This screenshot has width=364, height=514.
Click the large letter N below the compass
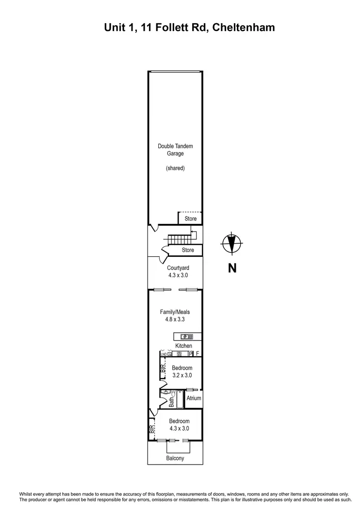coord(232,268)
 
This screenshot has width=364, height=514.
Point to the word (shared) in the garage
coord(175,168)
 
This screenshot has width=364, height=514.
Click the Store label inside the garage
coord(191,219)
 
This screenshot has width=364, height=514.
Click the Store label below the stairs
coord(188,250)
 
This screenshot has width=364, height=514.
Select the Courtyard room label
coord(178,268)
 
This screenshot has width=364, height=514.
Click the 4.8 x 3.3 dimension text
coord(175,320)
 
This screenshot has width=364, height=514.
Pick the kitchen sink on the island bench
coord(184,336)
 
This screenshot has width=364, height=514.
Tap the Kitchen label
coord(183,346)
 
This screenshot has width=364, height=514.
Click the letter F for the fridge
coord(198,354)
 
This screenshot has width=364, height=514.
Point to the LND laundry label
coord(164,354)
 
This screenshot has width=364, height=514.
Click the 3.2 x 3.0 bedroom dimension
coord(182,375)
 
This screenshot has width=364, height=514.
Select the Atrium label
coord(194,398)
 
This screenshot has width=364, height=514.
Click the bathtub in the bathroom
coord(179,399)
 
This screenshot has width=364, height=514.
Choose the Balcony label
coord(175,458)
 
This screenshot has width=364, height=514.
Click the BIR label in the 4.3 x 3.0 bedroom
coord(151,429)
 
